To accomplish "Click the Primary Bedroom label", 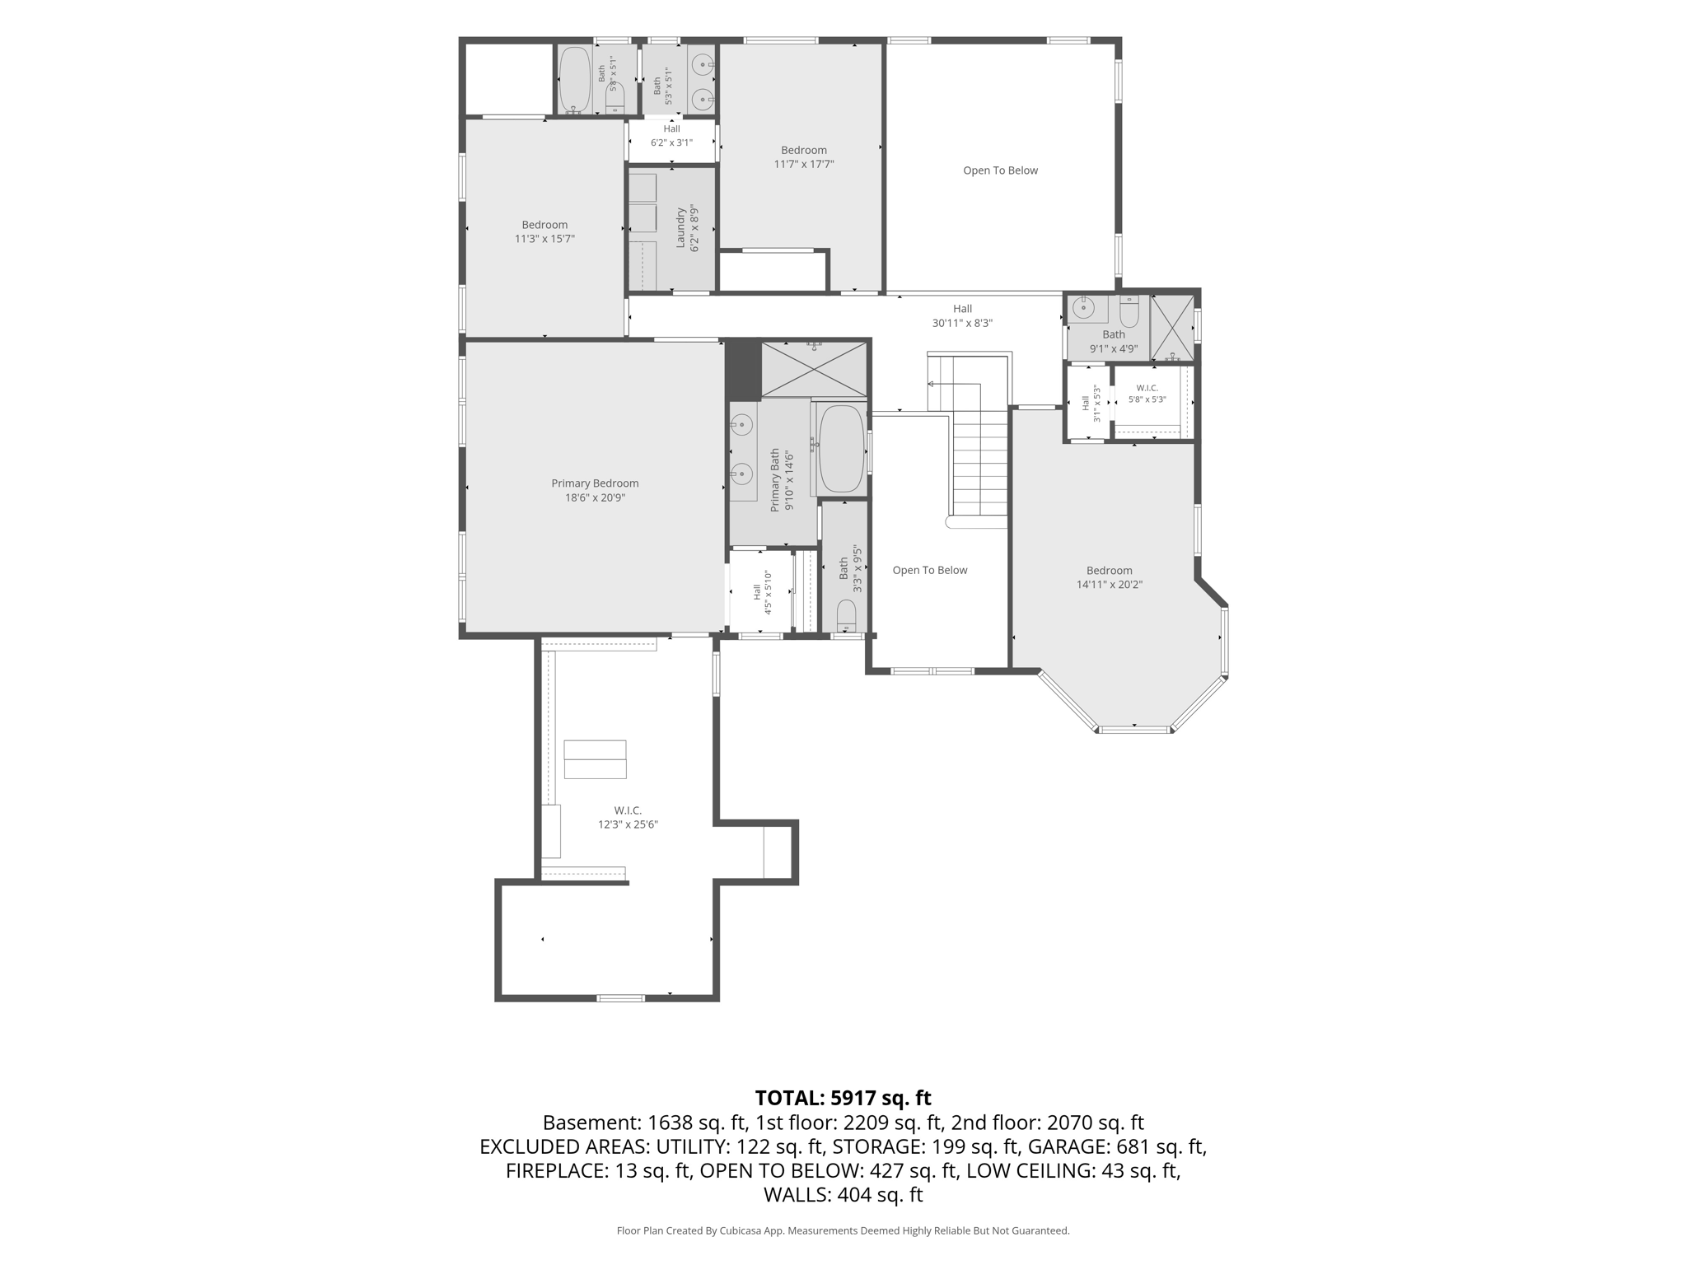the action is (x=595, y=490).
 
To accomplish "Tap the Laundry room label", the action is (x=687, y=228).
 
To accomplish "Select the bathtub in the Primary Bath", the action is (x=840, y=449).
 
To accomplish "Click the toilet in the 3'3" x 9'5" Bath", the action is (x=846, y=615).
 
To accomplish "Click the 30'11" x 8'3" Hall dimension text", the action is (x=962, y=324).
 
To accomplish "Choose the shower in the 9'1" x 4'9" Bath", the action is (x=1171, y=327).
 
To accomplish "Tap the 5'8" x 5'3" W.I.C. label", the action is (x=1147, y=394).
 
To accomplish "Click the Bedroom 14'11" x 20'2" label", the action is (x=1110, y=577).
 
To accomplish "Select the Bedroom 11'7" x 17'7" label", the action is (x=804, y=156).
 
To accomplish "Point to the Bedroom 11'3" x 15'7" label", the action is (x=544, y=231).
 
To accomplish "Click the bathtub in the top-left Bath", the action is (x=575, y=79).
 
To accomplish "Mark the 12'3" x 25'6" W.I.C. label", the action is (x=628, y=818).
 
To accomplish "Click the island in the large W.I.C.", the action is (x=595, y=759).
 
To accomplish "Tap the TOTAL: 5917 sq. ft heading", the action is (x=843, y=1098).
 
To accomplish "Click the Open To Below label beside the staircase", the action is (x=930, y=570).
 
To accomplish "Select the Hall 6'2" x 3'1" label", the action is (x=671, y=136).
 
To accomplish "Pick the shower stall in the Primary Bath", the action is (x=814, y=368).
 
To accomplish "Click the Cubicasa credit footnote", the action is (x=843, y=1230).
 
